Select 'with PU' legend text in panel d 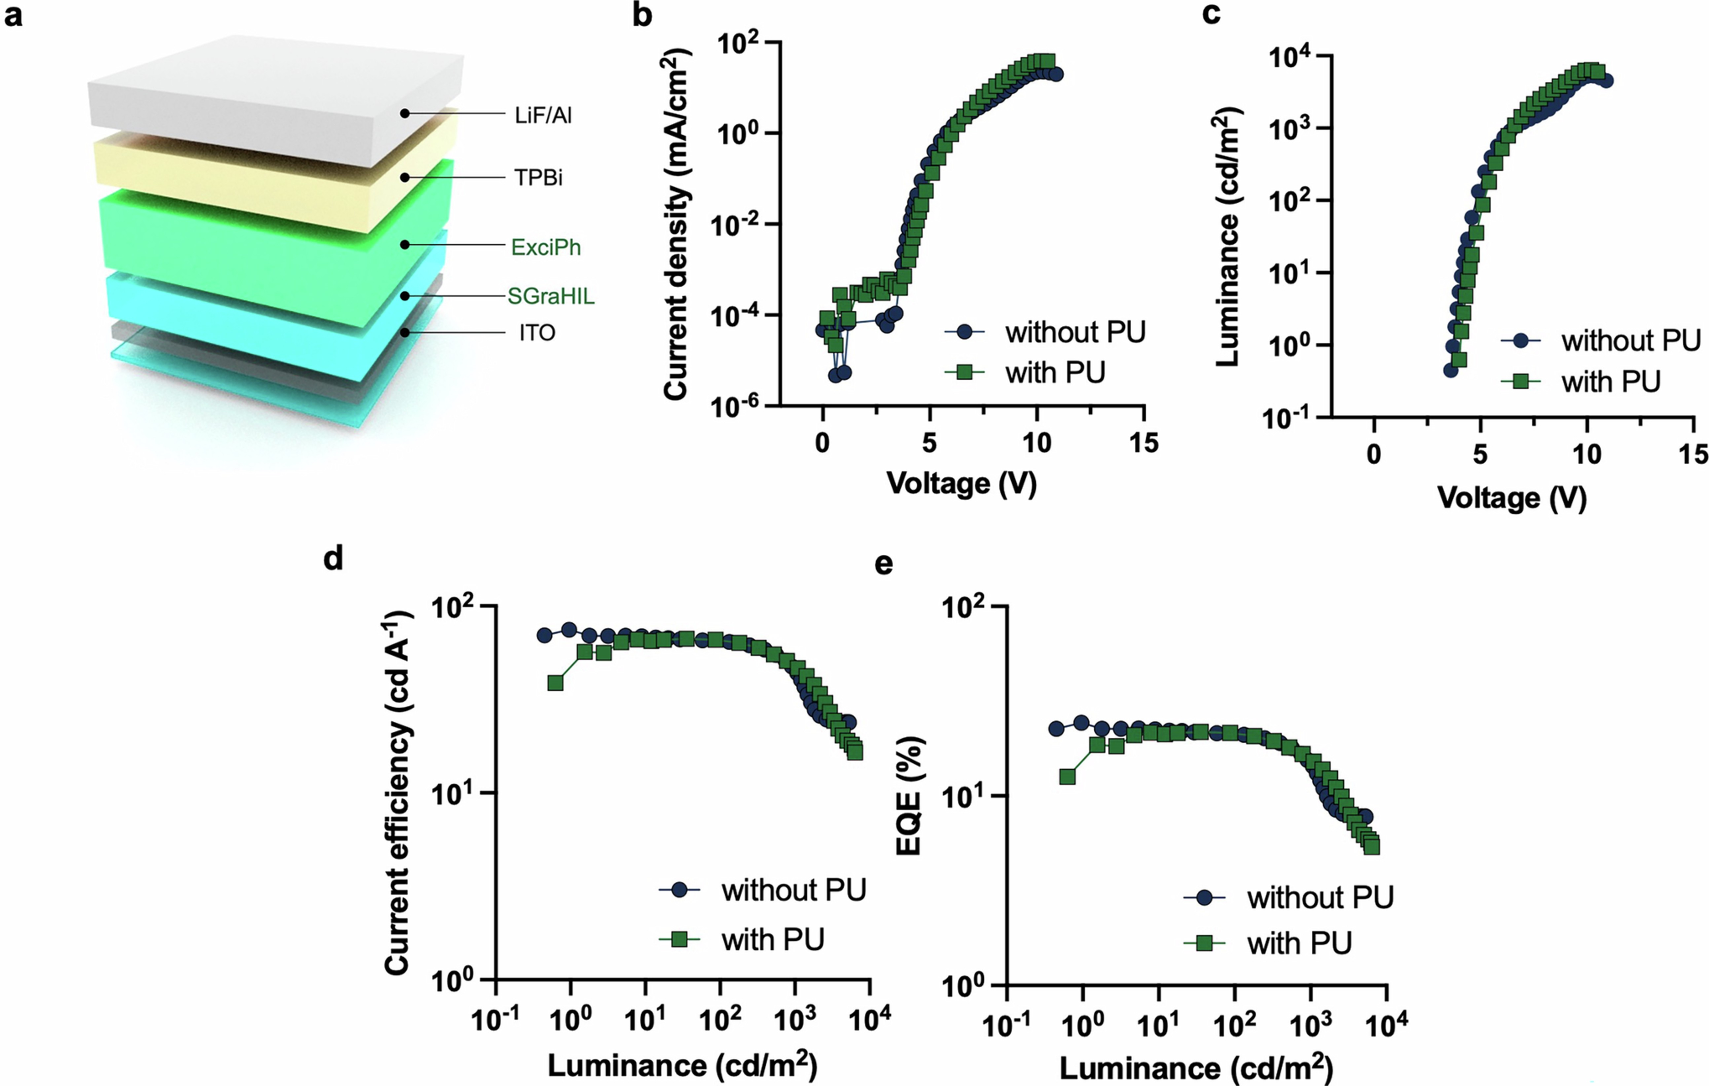[x=773, y=940]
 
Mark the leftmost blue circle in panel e [x=1056, y=728]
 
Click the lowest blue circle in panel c [x=1451, y=370]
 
